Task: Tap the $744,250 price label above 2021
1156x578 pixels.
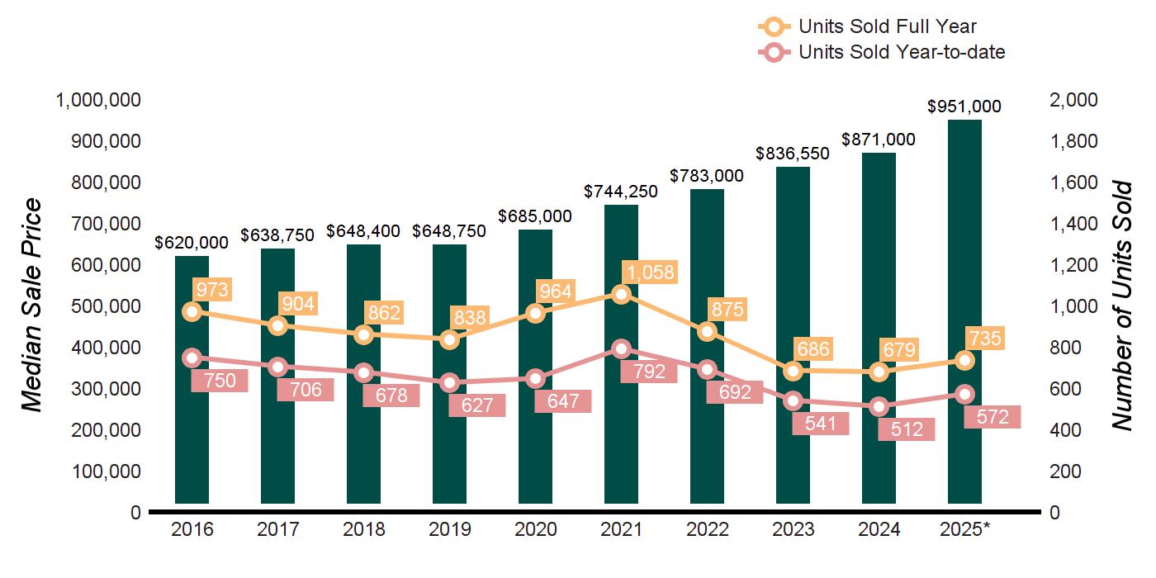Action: tap(622, 192)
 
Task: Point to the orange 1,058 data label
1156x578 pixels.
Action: tap(650, 272)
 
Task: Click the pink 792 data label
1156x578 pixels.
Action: tap(650, 372)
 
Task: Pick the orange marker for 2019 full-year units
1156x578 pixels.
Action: tap(450, 339)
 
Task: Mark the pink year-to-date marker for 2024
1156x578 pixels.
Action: tap(879, 406)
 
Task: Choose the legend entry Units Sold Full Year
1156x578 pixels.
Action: tap(888, 27)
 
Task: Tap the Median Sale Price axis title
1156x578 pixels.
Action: tap(31, 306)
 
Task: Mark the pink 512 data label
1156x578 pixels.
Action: tap(907, 429)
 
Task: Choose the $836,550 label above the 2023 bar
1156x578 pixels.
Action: tap(793, 154)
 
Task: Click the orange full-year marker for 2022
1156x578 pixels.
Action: tap(708, 331)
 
